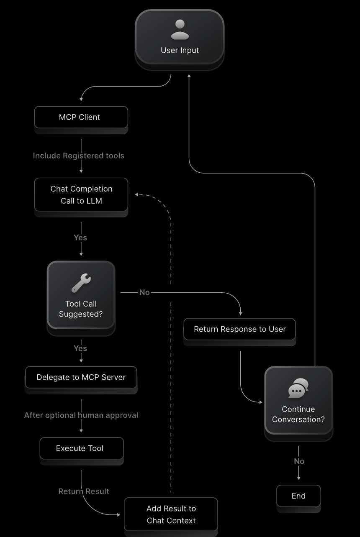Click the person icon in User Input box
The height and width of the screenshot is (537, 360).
pyautogui.click(x=180, y=30)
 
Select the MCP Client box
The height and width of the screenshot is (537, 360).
pyautogui.click(x=81, y=117)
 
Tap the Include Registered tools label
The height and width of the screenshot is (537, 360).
pyautogui.click(x=79, y=156)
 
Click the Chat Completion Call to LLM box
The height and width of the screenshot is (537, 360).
pyautogui.click(x=81, y=194)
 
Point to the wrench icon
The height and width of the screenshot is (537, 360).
pyautogui.click(x=81, y=283)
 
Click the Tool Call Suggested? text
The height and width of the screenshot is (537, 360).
pyautogui.click(x=81, y=309)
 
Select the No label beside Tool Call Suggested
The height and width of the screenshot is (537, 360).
pyautogui.click(x=144, y=292)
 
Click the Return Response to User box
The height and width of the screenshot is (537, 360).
pyautogui.click(x=239, y=329)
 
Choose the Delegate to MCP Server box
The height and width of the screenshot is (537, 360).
pyautogui.click(x=81, y=377)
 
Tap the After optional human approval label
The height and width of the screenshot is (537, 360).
pyautogui.click(x=81, y=415)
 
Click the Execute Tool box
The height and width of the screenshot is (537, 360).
pyautogui.click(x=81, y=448)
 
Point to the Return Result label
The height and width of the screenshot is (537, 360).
pyautogui.click(x=84, y=491)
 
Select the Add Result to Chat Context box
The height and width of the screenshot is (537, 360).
pyautogui.click(x=171, y=514)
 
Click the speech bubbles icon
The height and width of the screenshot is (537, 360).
pyautogui.click(x=298, y=388)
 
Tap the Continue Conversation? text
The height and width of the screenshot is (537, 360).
pyautogui.click(x=298, y=414)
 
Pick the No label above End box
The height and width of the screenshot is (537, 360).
pyautogui.click(x=299, y=461)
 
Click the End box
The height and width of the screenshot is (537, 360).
pyautogui.click(x=298, y=496)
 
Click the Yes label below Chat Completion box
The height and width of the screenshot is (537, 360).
pyautogui.click(x=80, y=238)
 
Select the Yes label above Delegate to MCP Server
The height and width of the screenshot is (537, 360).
pyautogui.click(x=80, y=348)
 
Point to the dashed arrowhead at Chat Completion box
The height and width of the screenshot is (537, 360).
pyautogui.click(x=137, y=194)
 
